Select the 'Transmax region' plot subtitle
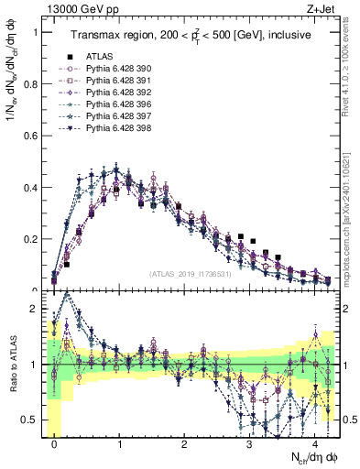pos(191,35)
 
